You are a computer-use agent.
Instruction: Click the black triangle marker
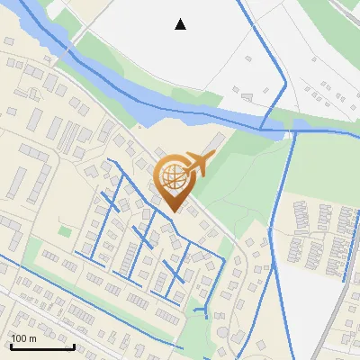pos(180,24)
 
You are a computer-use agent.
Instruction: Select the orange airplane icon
pos(198,164)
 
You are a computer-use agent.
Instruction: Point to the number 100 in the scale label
pos(19,338)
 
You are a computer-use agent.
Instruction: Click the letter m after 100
pos(32,338)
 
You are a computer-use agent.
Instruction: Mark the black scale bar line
pos(41,346)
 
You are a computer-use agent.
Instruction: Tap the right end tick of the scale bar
pos(74,345)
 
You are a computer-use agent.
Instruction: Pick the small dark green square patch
pos(64,230)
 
